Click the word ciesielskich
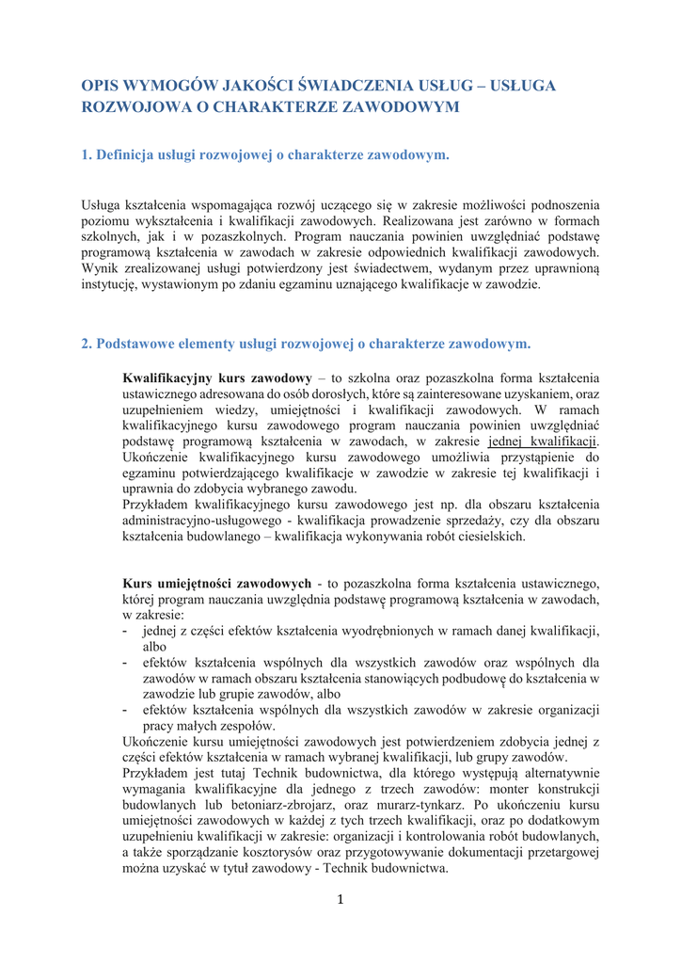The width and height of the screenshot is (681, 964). click(488, 537)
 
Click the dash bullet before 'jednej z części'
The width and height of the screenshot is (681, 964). click(127, 630)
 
